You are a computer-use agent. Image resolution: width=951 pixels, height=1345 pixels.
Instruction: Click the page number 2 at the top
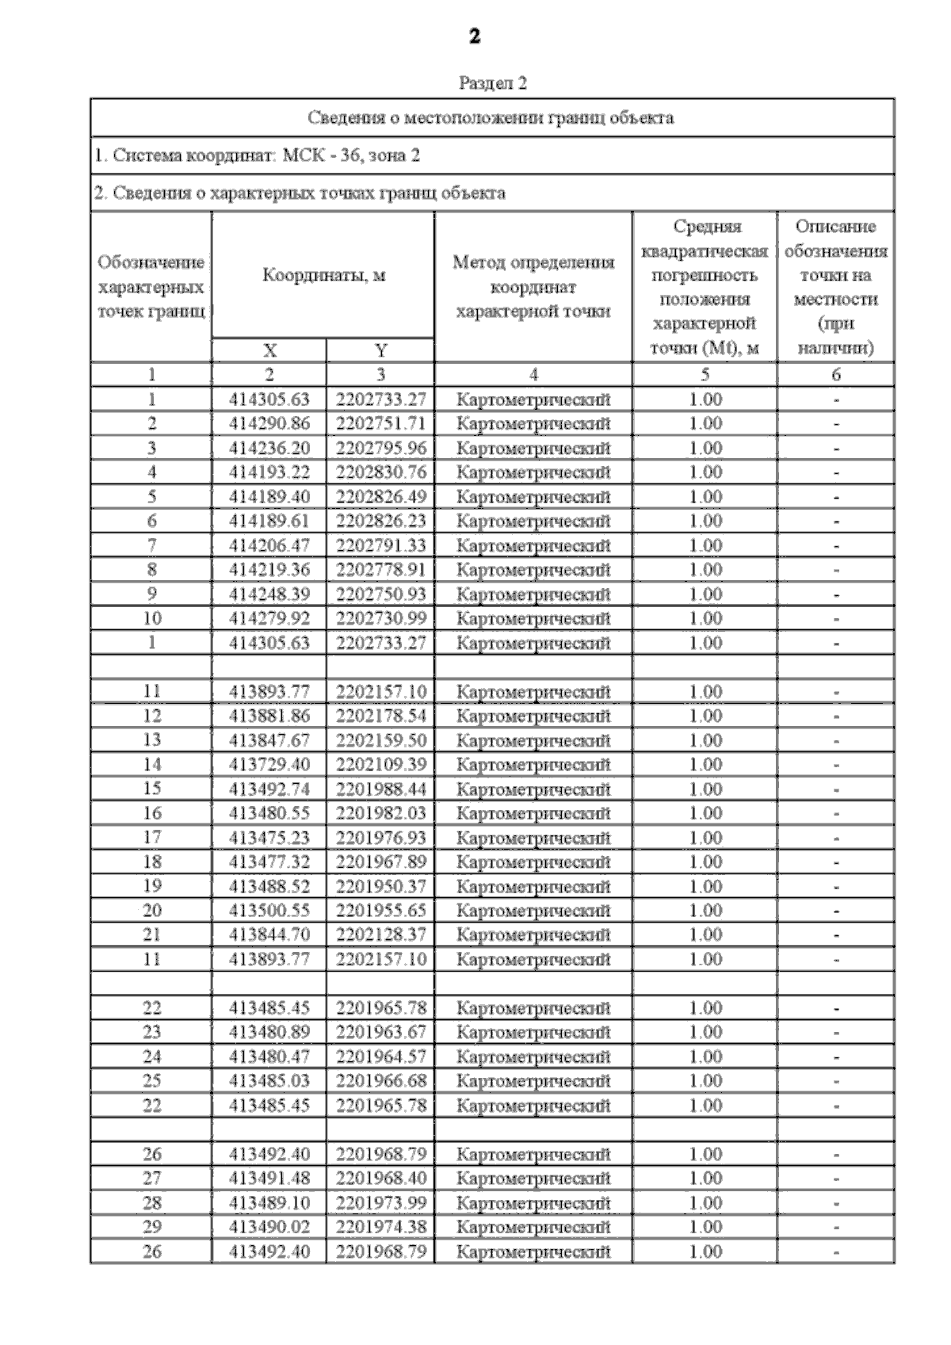point(475,36)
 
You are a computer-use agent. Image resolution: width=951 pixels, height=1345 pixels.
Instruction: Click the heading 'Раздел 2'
point(492,83)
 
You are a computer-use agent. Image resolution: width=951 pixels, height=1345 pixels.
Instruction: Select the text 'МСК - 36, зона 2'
point(351,155)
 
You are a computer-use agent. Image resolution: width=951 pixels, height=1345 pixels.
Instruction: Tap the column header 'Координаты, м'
point(323,275)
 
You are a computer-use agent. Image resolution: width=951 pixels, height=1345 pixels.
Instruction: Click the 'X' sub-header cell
point(269,351)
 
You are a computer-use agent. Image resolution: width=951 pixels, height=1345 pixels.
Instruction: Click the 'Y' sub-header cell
point(380,351)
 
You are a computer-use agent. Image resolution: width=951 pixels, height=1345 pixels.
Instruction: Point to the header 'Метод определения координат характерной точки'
point(533,287)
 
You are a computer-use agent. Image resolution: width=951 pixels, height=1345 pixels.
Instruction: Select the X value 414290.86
point(269,423)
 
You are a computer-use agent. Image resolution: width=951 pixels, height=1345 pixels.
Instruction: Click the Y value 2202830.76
point(380,472)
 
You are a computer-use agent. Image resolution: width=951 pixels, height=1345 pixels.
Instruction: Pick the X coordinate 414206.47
point(269,545)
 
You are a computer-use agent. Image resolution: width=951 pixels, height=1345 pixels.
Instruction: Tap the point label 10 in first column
point(151,618)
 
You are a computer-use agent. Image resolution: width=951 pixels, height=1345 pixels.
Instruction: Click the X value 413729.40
point(269,764)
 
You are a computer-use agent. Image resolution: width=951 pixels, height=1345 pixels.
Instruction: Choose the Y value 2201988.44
point(380,789)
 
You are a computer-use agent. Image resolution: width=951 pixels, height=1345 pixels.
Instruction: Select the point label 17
point(151,838)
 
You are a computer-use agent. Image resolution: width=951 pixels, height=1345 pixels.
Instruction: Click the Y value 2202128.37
point(380,935)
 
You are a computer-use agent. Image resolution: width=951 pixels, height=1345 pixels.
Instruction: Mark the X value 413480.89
point(269,1032)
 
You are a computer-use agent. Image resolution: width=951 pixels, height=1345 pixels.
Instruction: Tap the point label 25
point(151,1081)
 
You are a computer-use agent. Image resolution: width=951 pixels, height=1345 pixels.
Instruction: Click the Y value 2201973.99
point(380,1203)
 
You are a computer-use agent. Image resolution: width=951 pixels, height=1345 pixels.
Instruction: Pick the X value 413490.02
point(269,1227)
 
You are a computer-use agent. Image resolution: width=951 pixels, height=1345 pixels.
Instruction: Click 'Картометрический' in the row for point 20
point(533,911)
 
